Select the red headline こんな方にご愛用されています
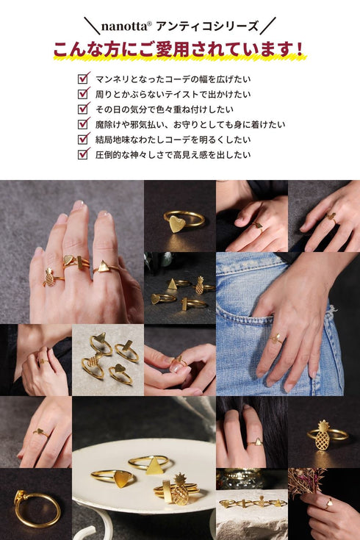[179, 50]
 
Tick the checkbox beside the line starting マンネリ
[84, 77]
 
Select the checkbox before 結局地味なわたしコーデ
[84, 139]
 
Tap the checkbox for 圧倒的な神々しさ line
[84, 154]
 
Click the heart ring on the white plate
[120, 478]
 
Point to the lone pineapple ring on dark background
[323, 435]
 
